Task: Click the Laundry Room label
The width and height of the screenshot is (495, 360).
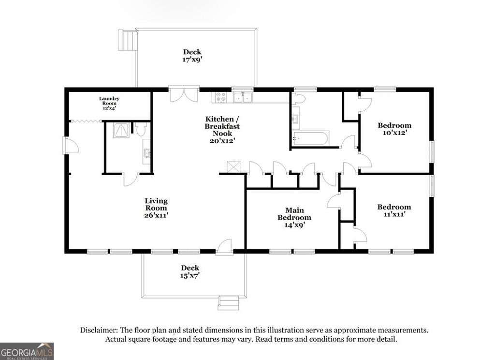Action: click(x=109, y=103)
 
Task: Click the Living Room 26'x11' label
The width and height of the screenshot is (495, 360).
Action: click(x=156, y=208)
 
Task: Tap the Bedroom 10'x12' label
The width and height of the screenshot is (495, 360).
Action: click(x=394, y=129)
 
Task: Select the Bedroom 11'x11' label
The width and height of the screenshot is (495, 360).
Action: click(x=394, y=210)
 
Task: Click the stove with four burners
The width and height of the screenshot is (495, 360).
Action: click(x=220, y=97)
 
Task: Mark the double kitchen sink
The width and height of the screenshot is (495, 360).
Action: click(x=243, y=97)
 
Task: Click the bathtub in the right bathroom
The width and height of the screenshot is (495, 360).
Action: click(x=310, y=139)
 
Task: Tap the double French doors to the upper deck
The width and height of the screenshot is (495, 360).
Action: click(x=184, y=94)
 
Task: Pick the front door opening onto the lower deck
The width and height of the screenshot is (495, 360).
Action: click(x=224, y=247)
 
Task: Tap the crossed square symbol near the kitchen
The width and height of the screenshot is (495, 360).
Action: click(x=234, y=167)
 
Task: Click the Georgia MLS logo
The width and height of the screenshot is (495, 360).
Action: click(x=27, y=351)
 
